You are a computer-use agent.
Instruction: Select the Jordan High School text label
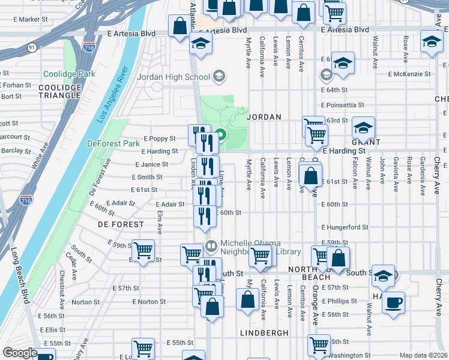click(x=173, y=76)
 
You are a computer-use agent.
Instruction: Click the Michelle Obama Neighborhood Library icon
click(x=211, y=245)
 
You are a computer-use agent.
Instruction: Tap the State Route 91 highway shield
click(x=31, y=47)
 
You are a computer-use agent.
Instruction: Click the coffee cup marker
click(x=393, y=302)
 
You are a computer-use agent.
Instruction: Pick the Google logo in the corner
click(x=20, y=353)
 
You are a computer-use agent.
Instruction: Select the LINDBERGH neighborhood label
click(x=265, y=332)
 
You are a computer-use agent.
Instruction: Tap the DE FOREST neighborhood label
click(x=121, y=224)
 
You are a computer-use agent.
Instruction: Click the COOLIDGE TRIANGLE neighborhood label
click(x=59, y=91)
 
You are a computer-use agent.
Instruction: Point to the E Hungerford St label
click(x=344, y=227)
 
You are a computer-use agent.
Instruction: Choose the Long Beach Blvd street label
click(x=17, y=276)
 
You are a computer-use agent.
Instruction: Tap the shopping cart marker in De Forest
click(x=143, y=250)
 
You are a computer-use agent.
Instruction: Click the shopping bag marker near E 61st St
click(x=310, y=176)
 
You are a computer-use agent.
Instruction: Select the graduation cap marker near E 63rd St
click(x=363, y=127)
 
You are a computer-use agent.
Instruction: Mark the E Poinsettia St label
click(x=342, y=104)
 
